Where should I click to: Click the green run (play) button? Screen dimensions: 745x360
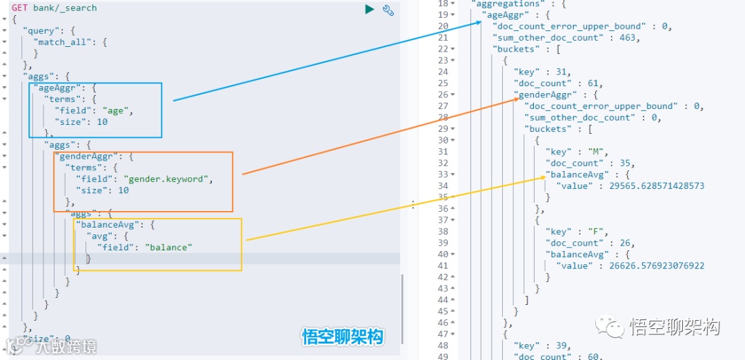tap(370, 9)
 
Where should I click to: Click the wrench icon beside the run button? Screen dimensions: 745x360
tap(388, 10)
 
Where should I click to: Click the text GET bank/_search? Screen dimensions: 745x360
tap(54, 8)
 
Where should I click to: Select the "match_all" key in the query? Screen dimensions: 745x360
tap(61, 42)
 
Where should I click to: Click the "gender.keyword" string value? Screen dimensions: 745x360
tap(167, 179)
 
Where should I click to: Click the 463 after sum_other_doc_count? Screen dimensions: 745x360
tap(628, 38)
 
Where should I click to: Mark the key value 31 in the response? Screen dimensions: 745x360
tap(563, 72)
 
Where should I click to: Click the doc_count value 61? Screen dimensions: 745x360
tap(595, 83)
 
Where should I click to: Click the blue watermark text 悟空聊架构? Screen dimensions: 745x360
tap(342, 337)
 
